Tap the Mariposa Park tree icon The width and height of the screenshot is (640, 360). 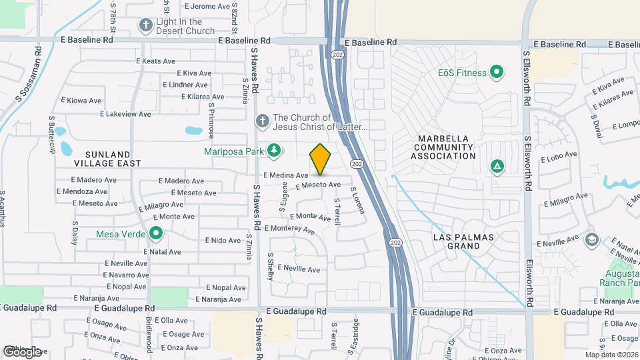273,151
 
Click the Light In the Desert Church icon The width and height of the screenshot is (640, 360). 146,25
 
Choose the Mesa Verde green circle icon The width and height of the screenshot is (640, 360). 156,233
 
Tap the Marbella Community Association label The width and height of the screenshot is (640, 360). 443,147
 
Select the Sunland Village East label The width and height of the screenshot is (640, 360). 107,157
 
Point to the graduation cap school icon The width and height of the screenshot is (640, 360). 591,239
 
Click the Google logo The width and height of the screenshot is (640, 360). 23,351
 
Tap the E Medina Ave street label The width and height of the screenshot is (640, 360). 285,175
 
